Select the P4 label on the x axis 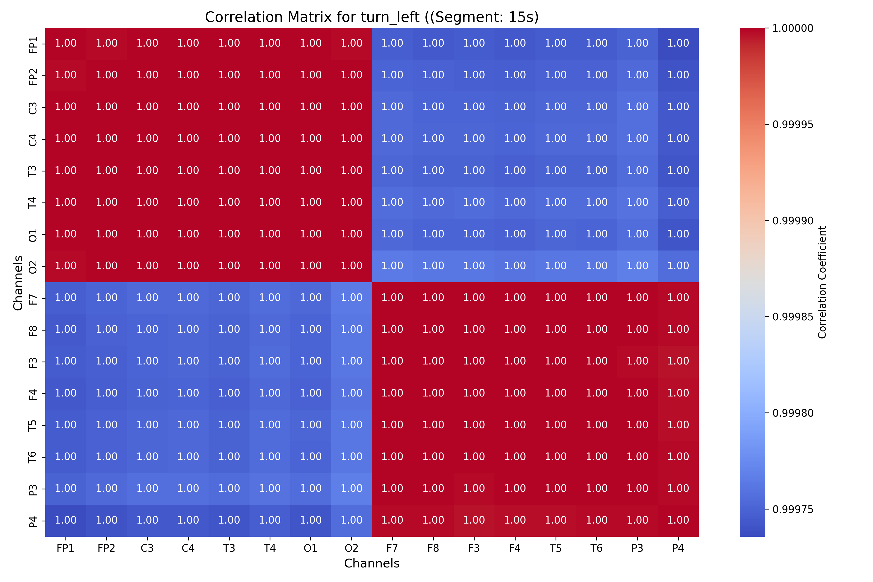678,548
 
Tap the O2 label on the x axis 351,548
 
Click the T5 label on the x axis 555,548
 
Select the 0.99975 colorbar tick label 792,509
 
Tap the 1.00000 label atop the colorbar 792,28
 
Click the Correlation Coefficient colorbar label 822,282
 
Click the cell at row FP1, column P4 678,43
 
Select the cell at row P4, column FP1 66,520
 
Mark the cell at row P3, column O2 351,488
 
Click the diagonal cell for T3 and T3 229,171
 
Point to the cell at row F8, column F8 433,330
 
